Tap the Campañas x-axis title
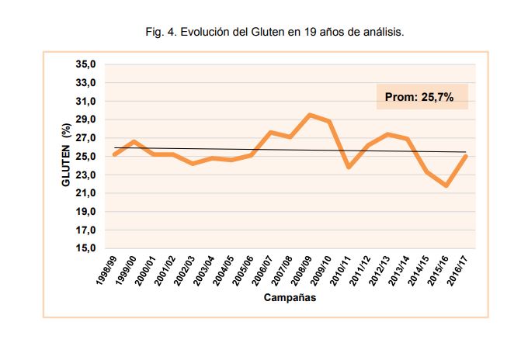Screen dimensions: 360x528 click(x=289, y=298)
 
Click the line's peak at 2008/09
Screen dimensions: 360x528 click(x=310, y=115)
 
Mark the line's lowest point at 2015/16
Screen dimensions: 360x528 click(x=446, y=185)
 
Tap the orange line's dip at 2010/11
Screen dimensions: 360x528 click(x=349, y=167)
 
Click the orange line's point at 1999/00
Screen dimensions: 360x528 click(x=134, y=141)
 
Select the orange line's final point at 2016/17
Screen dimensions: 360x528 click(x=466, y=156)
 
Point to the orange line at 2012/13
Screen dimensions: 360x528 click(x=387, y=134)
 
